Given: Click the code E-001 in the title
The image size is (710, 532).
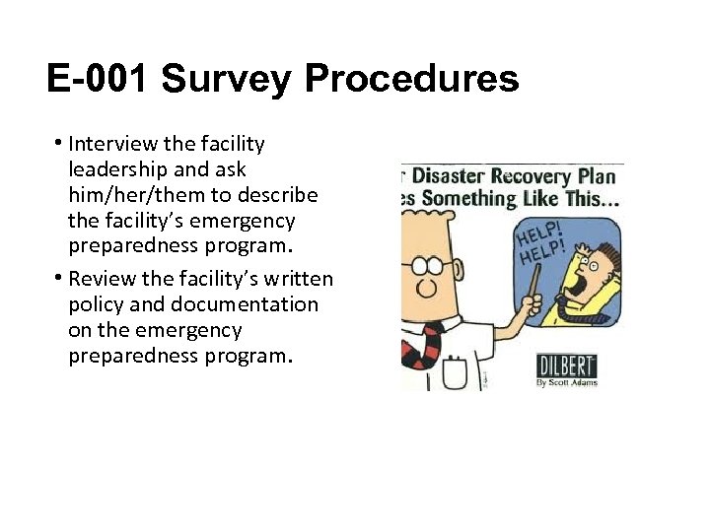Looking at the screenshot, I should click(x=99, y=78).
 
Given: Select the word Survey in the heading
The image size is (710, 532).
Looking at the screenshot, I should click(x=230, y=78).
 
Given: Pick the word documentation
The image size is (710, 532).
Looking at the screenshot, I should click(x=238, y=304).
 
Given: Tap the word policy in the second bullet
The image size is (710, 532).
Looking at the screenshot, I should click(x=96, y=304).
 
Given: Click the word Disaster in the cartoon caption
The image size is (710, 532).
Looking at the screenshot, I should click(x=453, y=177).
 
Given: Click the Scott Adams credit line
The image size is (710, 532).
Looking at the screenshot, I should click(x=566, y=382).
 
